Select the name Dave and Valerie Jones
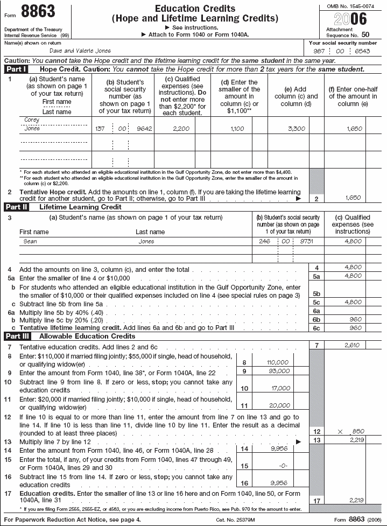tap(80, 51)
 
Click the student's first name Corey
tap(32, 120)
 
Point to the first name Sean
tap(30, 242)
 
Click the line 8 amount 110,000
tap(278, 362)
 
